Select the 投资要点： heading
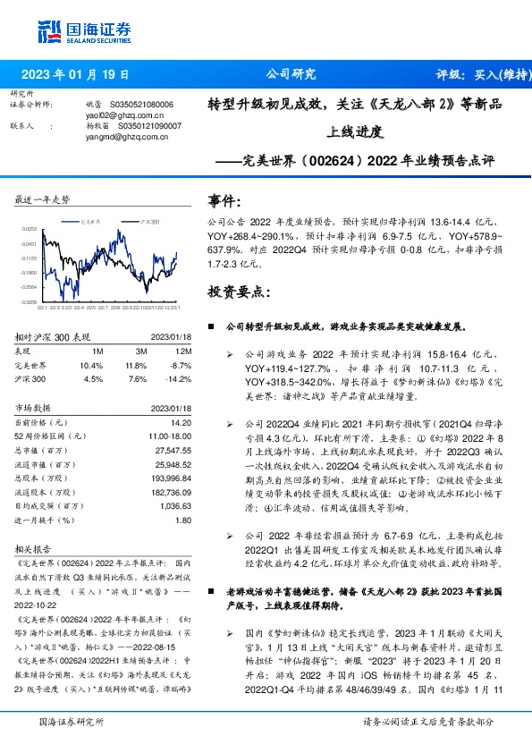(235, 292)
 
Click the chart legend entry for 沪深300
(149, 220)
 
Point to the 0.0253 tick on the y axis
(29, 230)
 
